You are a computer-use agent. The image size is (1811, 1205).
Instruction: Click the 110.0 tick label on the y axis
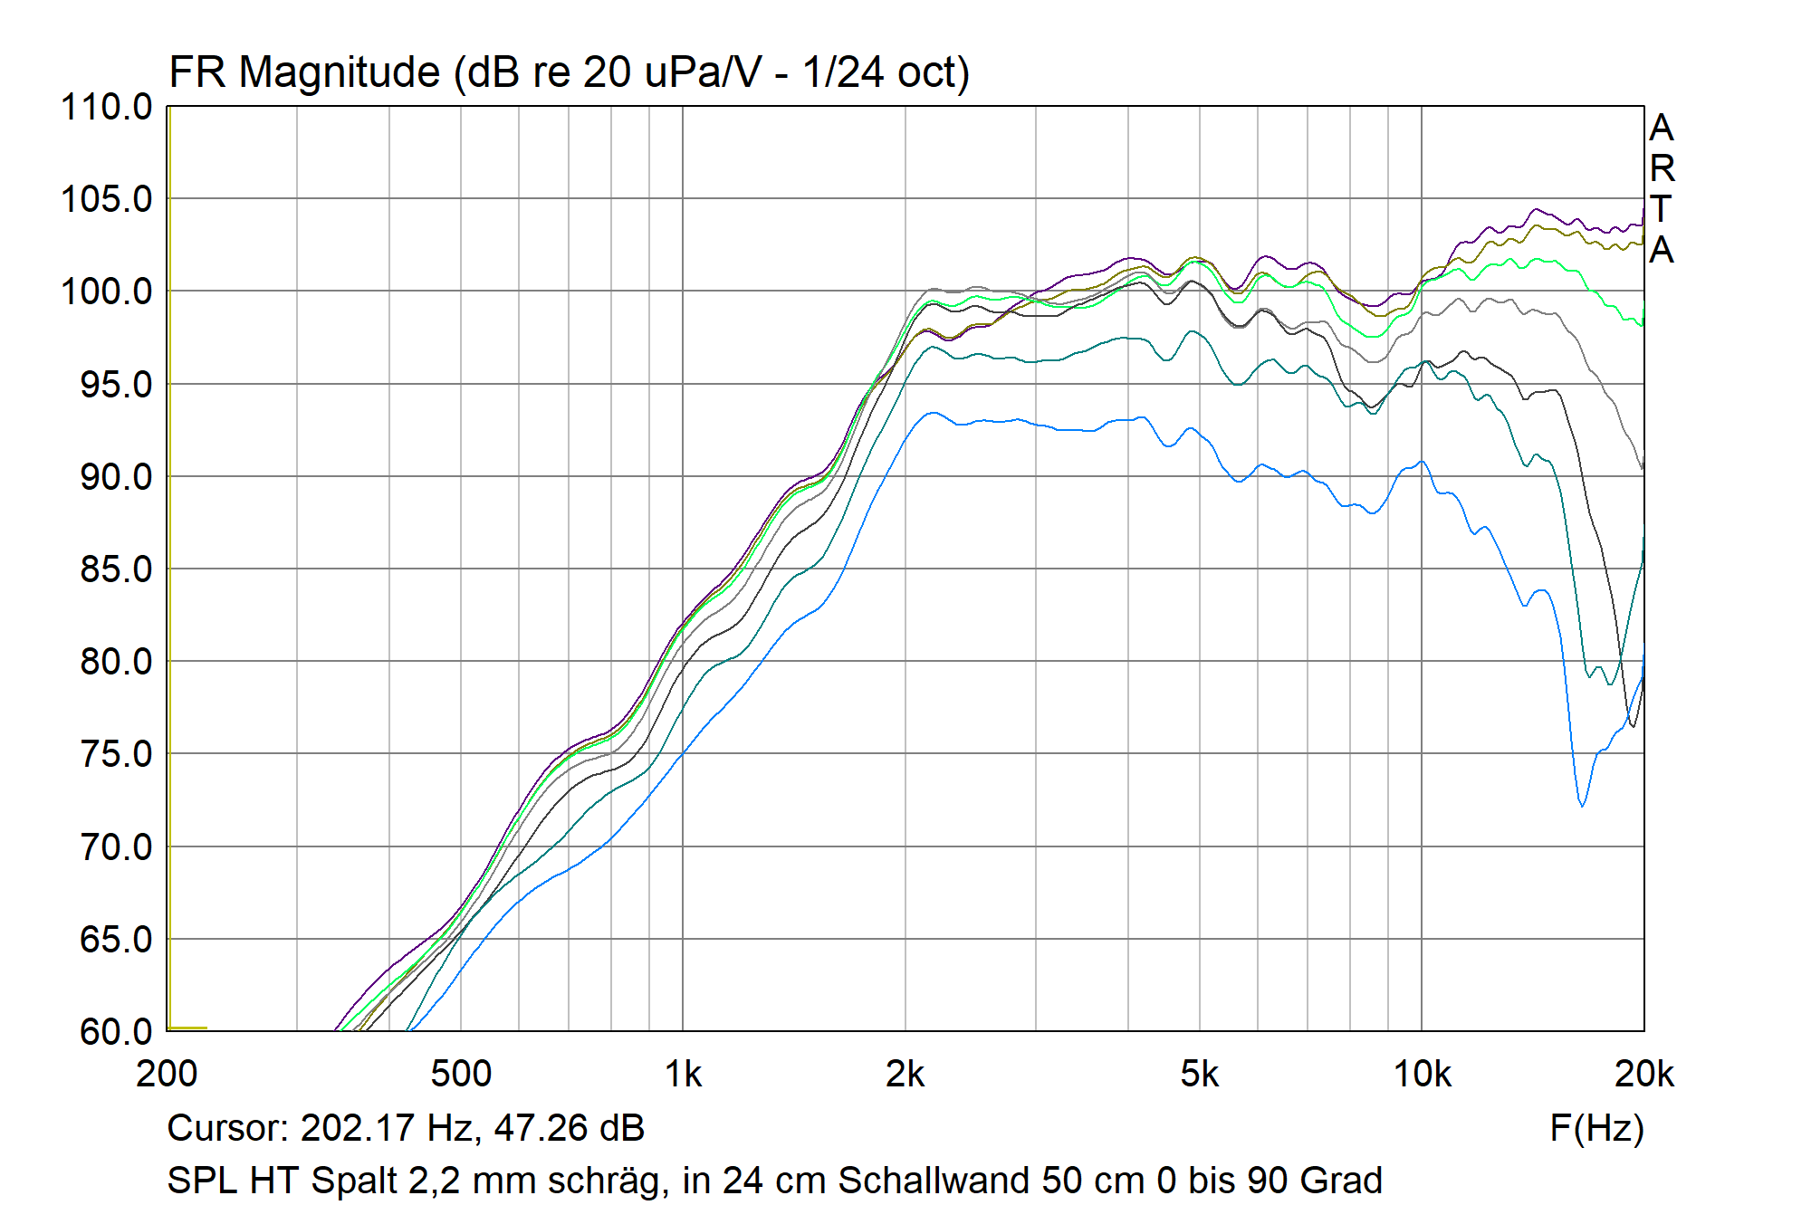[106, 108]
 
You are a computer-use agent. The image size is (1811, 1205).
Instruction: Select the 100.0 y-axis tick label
[106, 292]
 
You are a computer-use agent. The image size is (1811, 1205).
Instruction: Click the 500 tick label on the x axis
[460, 1075]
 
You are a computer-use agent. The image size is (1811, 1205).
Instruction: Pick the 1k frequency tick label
[683, 1075]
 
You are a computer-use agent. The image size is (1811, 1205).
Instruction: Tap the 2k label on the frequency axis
[905, 1075]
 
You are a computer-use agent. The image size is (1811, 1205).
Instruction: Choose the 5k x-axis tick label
[1199, 1075]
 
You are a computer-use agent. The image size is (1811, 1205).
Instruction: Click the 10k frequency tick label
[1422, 1075]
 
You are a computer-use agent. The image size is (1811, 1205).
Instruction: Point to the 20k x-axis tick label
[1643, 1075]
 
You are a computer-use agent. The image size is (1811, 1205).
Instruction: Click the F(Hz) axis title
[1596, 1128]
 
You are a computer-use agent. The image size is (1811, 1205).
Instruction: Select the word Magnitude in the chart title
[339, 72]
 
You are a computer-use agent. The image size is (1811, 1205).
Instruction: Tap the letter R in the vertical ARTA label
[1662, 169]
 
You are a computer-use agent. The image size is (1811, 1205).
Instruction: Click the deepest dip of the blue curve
[1582, 805]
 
